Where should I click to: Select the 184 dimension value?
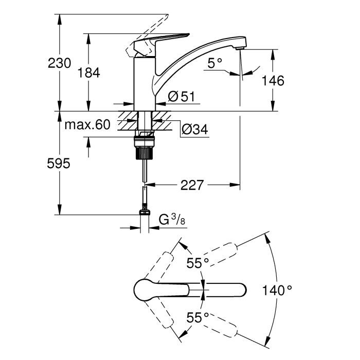point(88,73)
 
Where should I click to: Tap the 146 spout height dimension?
point(273,80)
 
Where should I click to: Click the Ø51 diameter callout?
point(180,96)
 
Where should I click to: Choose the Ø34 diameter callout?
point(194,130)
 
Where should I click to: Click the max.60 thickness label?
point(87,124)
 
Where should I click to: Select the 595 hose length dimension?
point(59,164)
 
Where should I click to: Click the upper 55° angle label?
point(197,263)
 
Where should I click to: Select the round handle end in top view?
point(142,291)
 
